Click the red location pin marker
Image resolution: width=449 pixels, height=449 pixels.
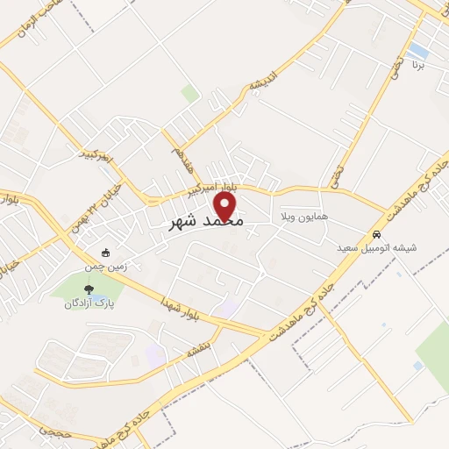point(226,207)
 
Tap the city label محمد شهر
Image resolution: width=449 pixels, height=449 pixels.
point(203,223)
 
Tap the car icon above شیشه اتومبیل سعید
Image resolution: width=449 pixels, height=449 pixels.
point(376,235)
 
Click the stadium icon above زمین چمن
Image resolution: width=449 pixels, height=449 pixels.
point(106,253)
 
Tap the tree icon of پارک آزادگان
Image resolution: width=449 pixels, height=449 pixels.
point(88,289)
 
